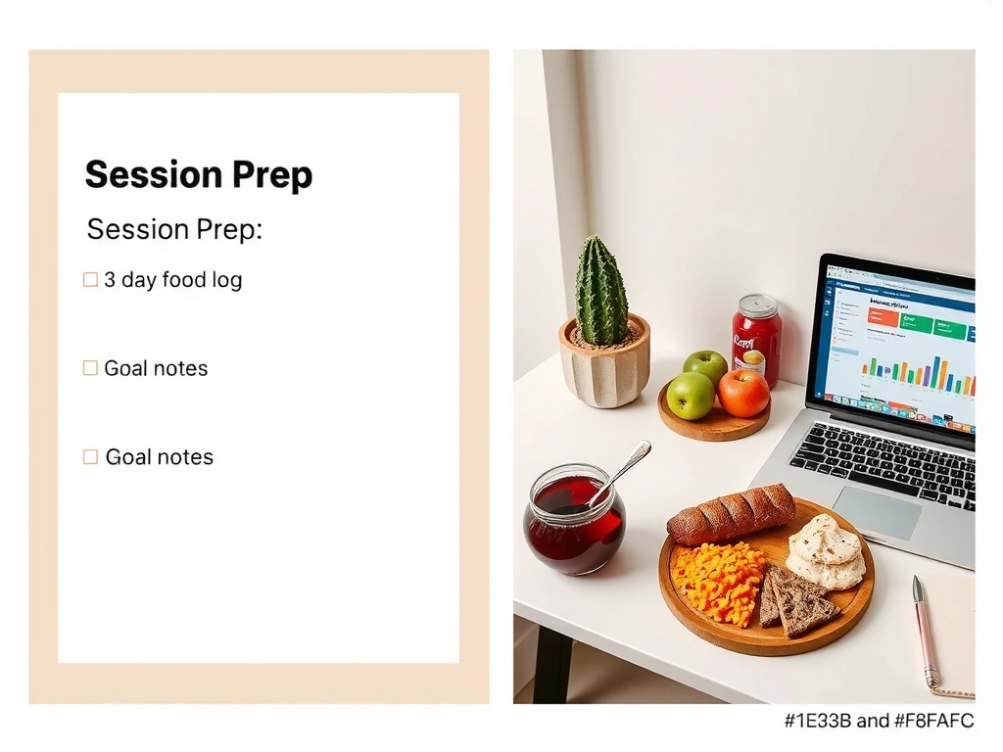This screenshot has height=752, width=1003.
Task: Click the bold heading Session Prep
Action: click(x=199, y=175)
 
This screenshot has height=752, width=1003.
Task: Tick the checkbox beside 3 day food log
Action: click(x=90, y=280)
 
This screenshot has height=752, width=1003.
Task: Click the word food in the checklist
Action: click(x=184, y=280)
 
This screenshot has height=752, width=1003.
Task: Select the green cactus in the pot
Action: click(x=600, y=291)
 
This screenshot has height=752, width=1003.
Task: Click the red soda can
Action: click(x=756, y=341)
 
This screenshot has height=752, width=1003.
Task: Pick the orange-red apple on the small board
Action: click(x=743, y=393)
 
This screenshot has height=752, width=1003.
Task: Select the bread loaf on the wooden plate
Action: click(x=731, y=513)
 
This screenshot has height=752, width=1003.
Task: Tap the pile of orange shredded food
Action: click(x=718, y=584)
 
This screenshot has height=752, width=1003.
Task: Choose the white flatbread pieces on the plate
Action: click(x=826, y=552)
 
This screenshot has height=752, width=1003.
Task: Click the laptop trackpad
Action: click(x=877, y=512)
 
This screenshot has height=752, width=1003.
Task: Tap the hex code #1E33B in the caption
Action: click(x=818, y=722)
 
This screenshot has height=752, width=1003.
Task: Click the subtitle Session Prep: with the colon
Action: click(x=174, y=229)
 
